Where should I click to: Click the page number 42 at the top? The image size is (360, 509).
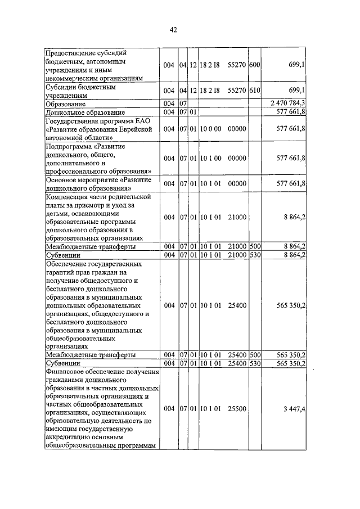pyautogui.click(x=174, y=31)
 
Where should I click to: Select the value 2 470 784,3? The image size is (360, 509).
pyautogui.click(x=287, y=103)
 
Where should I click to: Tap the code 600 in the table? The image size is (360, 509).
pyautogui.click(x=254, y=65)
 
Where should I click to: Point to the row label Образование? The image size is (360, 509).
pyautogui.click(x=66, y=104)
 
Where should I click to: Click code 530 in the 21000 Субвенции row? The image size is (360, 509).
pyautogui.click(x=254, y=255)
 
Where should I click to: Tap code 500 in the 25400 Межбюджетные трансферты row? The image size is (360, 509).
pyautogui.click(x=254, y=355)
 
